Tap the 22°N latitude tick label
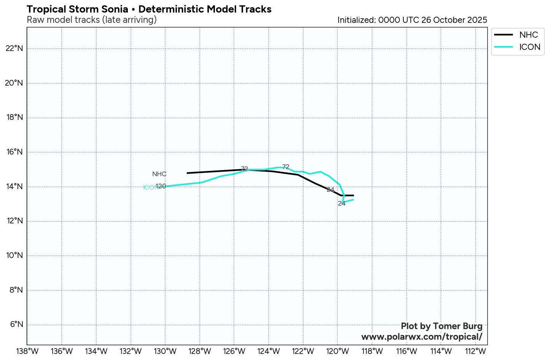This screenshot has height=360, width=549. click(14, 48)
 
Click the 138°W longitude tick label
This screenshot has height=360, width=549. click(27, 351)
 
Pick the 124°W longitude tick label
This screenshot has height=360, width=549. click(269, 351)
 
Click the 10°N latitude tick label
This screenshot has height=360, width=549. click(14, 255)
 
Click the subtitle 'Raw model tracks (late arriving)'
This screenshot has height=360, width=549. click(92, 20)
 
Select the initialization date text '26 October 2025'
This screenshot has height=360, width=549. click(454, 20)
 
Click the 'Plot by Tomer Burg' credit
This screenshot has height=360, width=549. click(441, 326)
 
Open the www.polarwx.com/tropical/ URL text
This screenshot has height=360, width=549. click(422, 337)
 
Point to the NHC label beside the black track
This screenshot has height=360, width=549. click(159, 174)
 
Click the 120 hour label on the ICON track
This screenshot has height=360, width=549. click(161, 186)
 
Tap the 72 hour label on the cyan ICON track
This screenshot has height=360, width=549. click(286, 167)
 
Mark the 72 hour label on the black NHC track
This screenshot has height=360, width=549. click(244, 169)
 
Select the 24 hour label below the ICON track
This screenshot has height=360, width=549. click(342, 204)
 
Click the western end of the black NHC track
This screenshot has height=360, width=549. click(187, 173)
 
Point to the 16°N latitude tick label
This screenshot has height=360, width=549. click(14, 152)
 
